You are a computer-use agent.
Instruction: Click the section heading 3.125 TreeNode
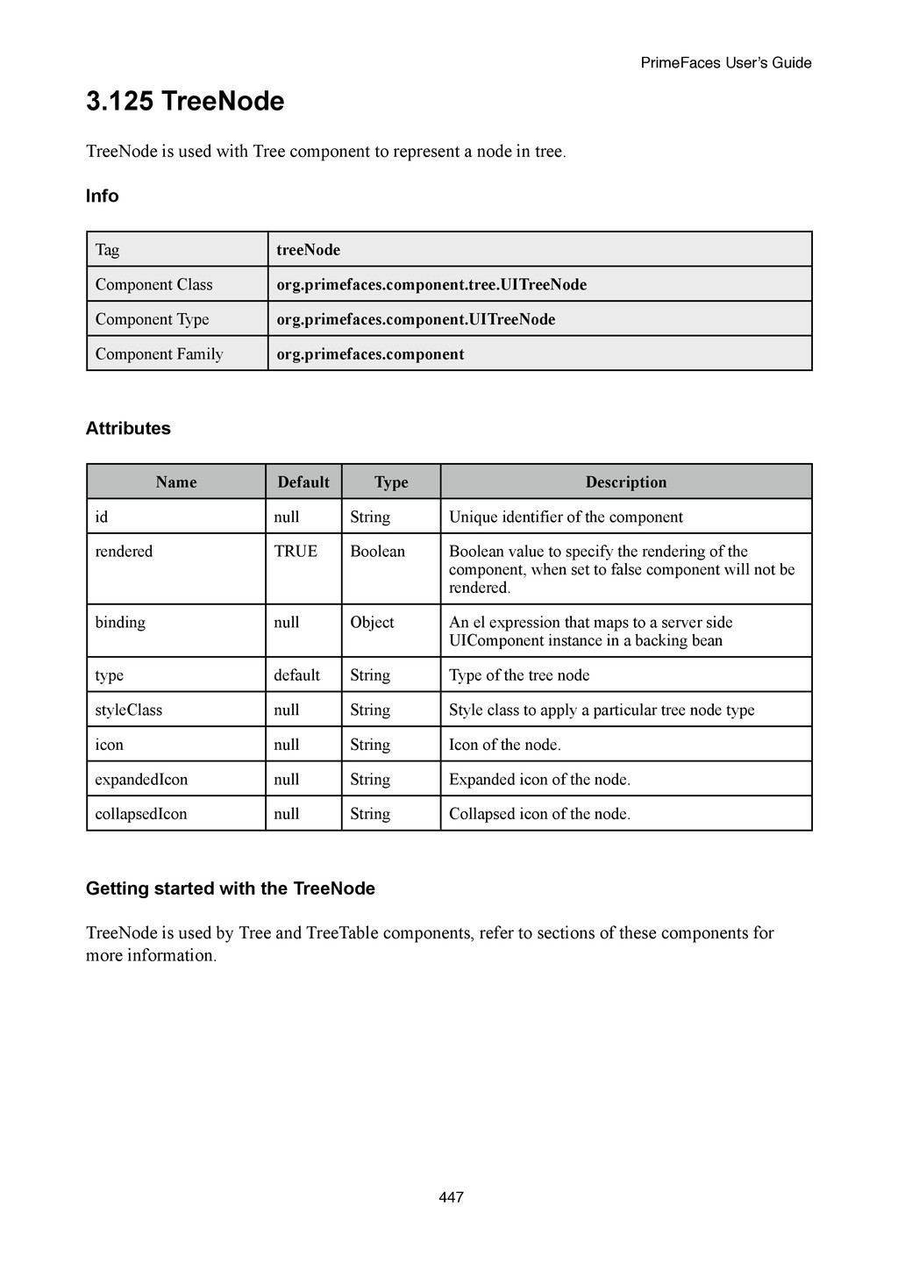click(x=185, y=102)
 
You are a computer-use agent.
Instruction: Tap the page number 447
click(x=451, y=1197)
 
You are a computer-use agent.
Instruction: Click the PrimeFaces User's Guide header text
click(x=726, y=63)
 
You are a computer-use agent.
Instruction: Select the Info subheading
click(x=102, y=196)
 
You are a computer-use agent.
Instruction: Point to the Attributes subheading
click(x=128, y=428)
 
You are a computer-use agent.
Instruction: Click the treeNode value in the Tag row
click(x=308, y=250)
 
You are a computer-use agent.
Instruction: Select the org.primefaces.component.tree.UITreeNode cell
click(x=431, y=284)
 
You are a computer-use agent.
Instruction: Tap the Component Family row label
click(x=159, y=353)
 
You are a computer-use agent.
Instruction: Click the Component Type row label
click(x=152, y=319)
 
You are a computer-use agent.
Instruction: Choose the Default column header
click(x=303, y=482)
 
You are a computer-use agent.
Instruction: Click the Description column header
click(x=626, y=482)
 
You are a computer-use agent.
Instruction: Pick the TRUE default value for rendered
click(x=296, y=551)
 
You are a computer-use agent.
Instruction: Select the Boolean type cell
click(x=377, y=551)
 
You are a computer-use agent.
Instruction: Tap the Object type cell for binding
click(x=372, y=622)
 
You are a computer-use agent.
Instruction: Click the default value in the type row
click(x=296, y=674)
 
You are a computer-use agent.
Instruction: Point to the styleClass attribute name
click(x=129, y=710)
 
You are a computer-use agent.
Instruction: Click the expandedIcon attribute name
click(x=141, y=779)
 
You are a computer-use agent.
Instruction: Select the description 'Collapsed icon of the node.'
click(x=539, y=814)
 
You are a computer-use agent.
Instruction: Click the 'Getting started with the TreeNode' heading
click(x=231, y=888)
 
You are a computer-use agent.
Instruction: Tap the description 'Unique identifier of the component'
click(x=566, y=517)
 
